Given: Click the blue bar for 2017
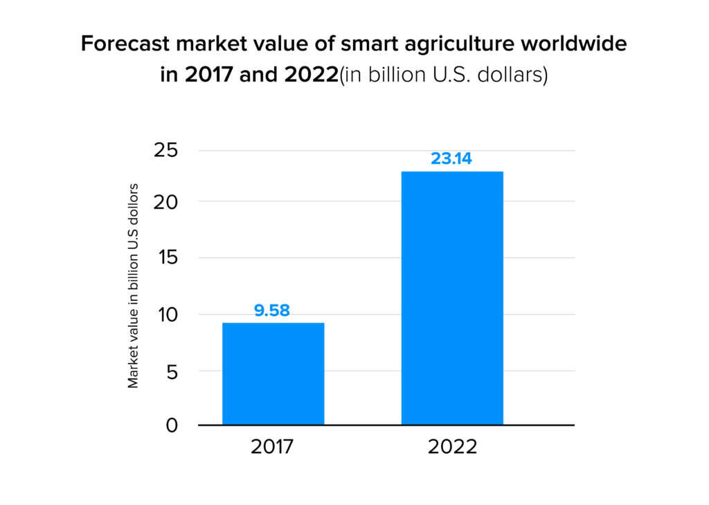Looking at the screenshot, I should coord(273,374).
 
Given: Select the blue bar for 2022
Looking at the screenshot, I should coord(452,297).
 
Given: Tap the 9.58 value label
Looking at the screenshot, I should coord(272,311).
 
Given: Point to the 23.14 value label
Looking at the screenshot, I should coord(451,158).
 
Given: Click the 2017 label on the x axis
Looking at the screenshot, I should coord(273,447).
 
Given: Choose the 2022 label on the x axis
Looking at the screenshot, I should coord(452,447).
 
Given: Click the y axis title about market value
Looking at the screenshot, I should coord(134,285).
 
